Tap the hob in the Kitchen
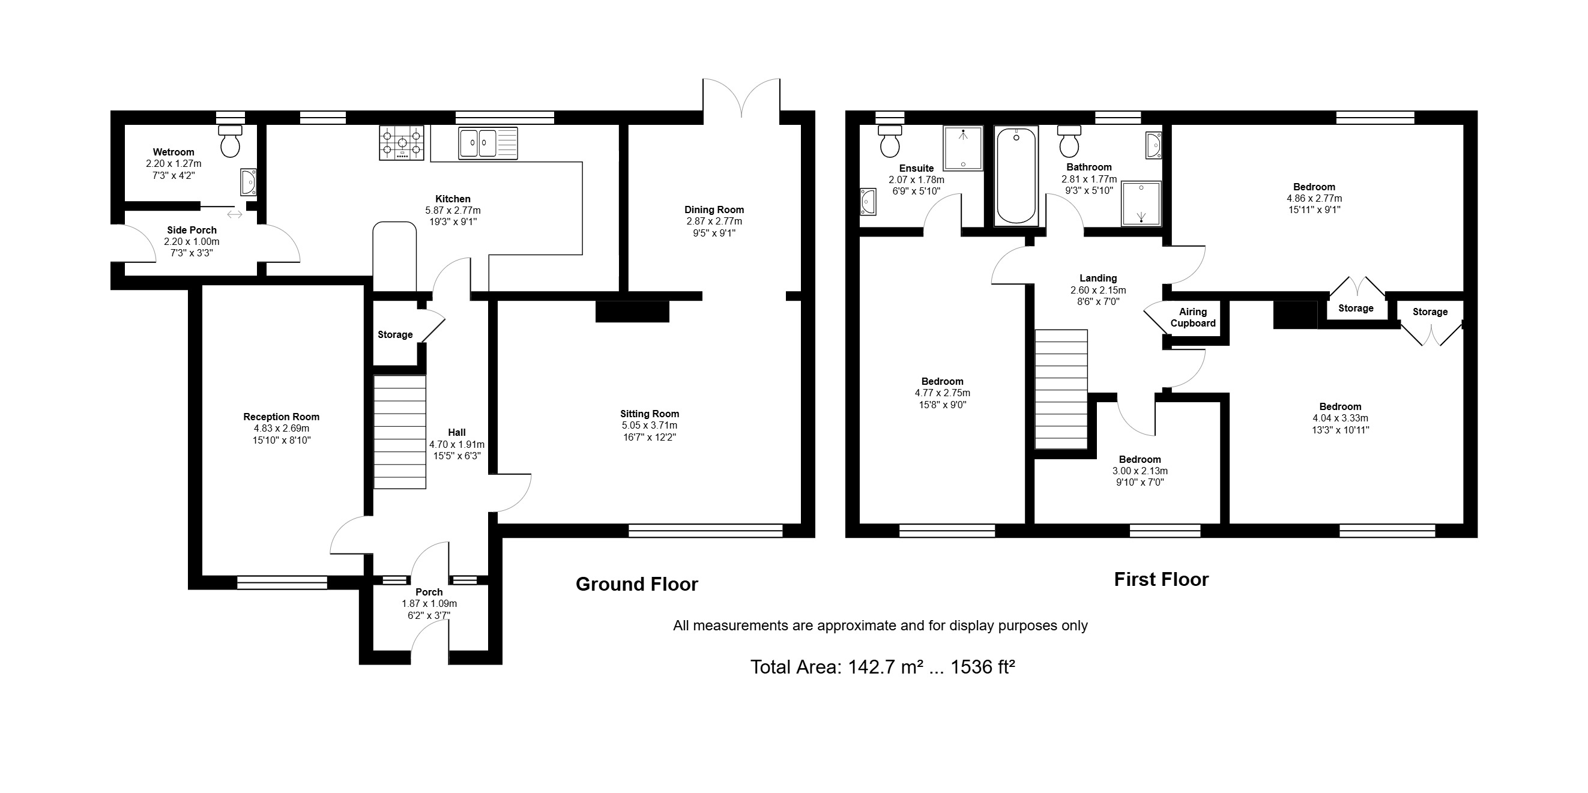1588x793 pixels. [402, 143]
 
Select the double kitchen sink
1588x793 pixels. [488, 143]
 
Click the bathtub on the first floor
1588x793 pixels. [1016, 176]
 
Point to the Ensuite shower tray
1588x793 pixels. [962, 148]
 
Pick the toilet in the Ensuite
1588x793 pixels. [890, 141]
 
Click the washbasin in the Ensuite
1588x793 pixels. [868, 202]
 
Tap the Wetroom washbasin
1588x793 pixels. [249, 182]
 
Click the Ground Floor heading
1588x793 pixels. [637, 584]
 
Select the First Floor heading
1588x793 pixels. [1161, 579]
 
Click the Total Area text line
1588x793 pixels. [883, 667]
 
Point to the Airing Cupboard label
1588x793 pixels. [1193, 318]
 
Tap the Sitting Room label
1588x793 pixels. [650, 414]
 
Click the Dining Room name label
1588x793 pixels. [714, 210]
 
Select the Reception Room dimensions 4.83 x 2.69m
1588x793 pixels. [281, 428]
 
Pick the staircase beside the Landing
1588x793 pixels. [1061, 390]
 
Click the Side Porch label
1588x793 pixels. [192, 230]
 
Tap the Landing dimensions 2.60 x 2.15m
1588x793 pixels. [1098, 290]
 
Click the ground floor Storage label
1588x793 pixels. [395, 334]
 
